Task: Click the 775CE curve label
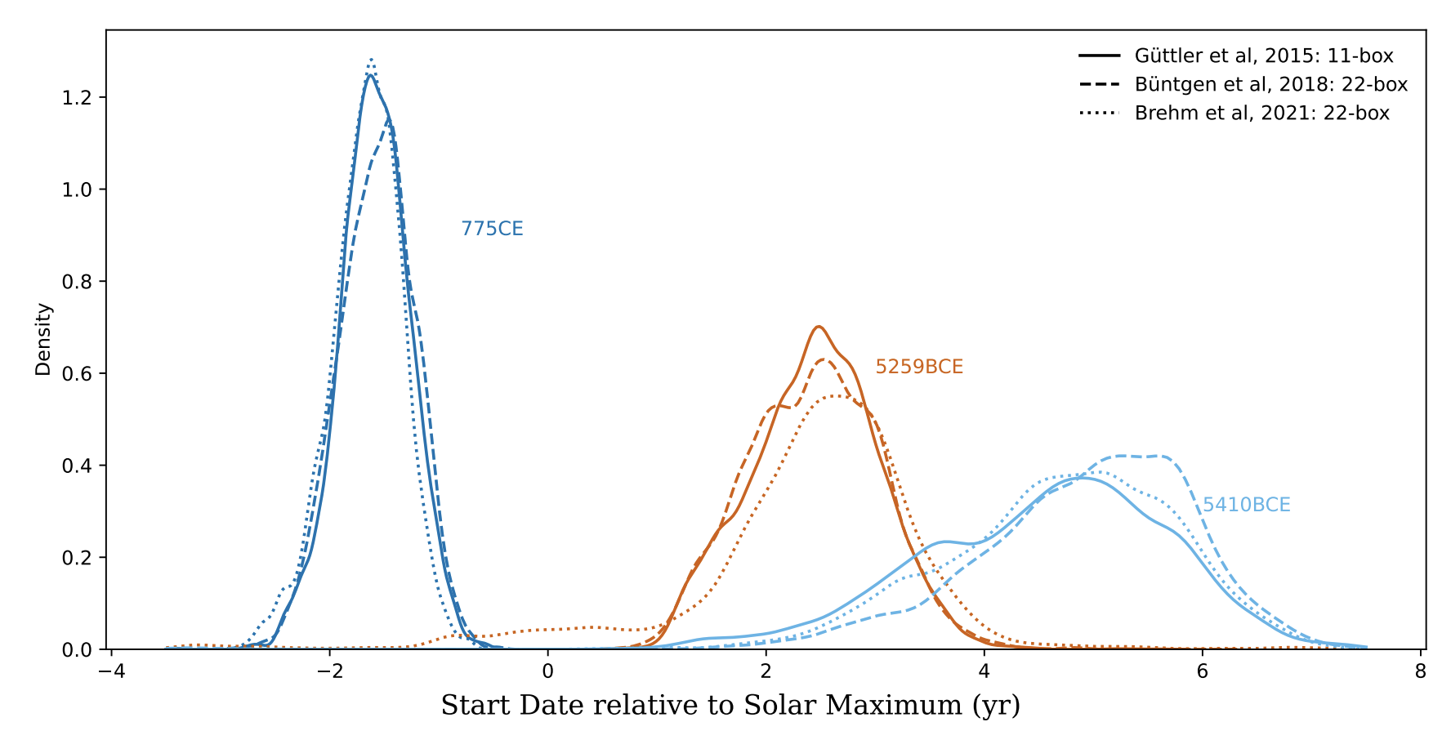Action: [492, 229]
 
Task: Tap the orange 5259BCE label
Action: [919, 368]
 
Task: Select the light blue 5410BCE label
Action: [1246, 506]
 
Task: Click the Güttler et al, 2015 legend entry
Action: [1263, 56]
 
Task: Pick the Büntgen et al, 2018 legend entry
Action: [1270, 84]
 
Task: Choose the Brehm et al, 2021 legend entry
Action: [1261, 113]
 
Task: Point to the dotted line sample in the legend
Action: [1099, 113]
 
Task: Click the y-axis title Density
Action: [43, 340]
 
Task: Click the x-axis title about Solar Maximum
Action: [730, 705]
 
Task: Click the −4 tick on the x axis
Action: [111, 671]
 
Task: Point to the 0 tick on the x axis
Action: [547, 671]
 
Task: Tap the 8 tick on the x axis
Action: [1420, 671]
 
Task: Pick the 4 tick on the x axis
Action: [984, 671]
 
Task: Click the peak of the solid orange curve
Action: [819, 327]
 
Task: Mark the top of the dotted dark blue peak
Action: [372, 59]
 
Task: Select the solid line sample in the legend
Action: [1099, 56]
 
